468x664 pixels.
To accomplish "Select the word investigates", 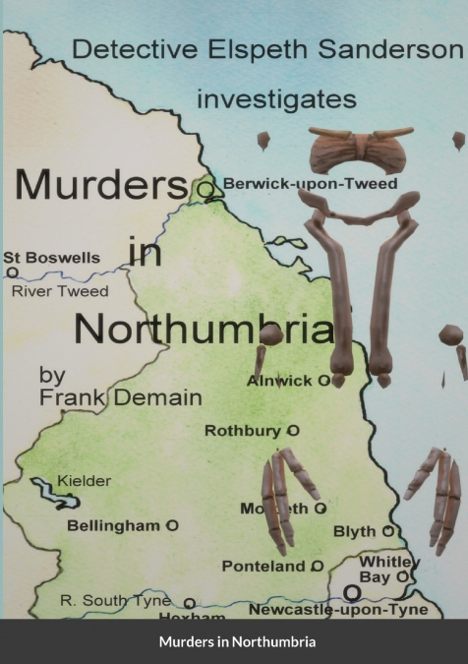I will click(x=276, y=99).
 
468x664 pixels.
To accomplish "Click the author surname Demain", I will click(x=163, y=397).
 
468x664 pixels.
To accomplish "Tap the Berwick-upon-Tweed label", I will click(x=310, y=183).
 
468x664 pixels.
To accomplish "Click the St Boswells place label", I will click(x=51, y=258).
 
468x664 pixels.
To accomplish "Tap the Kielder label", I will click(x=84, y=481).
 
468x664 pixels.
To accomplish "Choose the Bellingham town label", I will click(x=113, y=526).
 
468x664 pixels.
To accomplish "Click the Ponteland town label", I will click(x=263, y=567).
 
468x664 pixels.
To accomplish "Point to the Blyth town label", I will click(x=355, y=532).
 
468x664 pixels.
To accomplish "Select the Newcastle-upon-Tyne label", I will click(x=338, y=609).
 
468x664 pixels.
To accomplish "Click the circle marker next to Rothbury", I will click(x=293, y=431).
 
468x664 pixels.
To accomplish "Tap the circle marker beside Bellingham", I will click(x=172, y=526).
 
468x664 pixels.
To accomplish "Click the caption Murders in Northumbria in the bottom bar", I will click(x=234, y=642).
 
